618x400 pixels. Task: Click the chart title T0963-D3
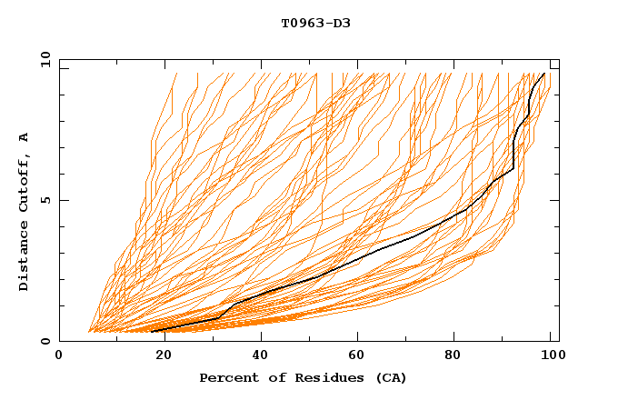pyautogui.click(x=315, y=23)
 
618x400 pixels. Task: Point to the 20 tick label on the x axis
pyautogui.click(x=158, y=356)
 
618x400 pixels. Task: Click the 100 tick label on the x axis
pyautogui.click(x=552, y=356)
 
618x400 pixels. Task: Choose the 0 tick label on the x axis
pyautogui.click(x=60, y=356)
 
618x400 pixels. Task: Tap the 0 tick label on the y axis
pyautogui.click(x=45, y=342)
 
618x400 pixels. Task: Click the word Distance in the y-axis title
pyautogui.click(x=24, y=259)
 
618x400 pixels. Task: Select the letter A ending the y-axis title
pyautogui.click(x=24, y=136)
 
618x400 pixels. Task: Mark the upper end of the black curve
pyautogui.click(x=543, y=74)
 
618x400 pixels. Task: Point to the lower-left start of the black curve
pyautogui.click(x=151, y=331)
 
